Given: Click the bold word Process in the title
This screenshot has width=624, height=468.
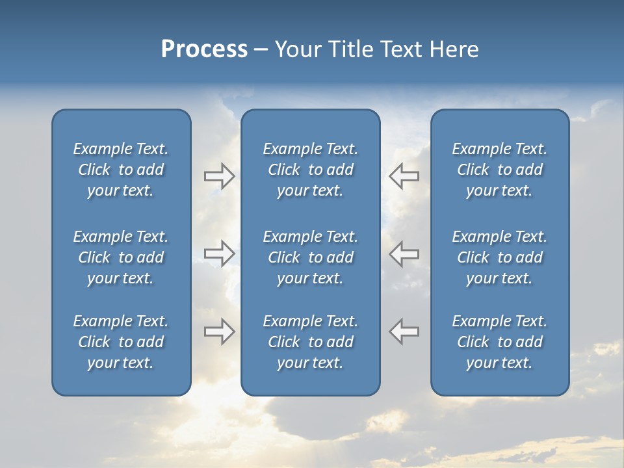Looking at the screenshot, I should [204, 49].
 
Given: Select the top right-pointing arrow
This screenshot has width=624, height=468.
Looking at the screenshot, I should [219, 176].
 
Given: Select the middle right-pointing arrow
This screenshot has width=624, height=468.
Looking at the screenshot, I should [219, 253].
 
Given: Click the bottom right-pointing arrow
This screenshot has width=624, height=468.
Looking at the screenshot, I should [219, 331].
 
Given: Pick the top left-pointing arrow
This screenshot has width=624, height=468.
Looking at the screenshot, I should [404, 176].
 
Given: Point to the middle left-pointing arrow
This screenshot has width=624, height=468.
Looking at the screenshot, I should [404, 253].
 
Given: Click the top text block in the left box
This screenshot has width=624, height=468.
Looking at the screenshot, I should [121, 170].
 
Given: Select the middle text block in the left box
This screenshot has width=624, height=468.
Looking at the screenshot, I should [121, 257].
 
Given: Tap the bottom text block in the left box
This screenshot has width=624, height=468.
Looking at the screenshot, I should [121, 342].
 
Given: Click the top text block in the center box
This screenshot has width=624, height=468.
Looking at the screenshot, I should [311, 170].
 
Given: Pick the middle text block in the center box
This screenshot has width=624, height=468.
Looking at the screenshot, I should [311, 257].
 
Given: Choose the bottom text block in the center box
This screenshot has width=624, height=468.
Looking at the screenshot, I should [311, 342].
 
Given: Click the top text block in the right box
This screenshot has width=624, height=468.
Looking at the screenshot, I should [500, 170].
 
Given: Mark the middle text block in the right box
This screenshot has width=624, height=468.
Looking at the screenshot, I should [500, 257].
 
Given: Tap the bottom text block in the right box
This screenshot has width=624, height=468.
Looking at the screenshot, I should [500, 342].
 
